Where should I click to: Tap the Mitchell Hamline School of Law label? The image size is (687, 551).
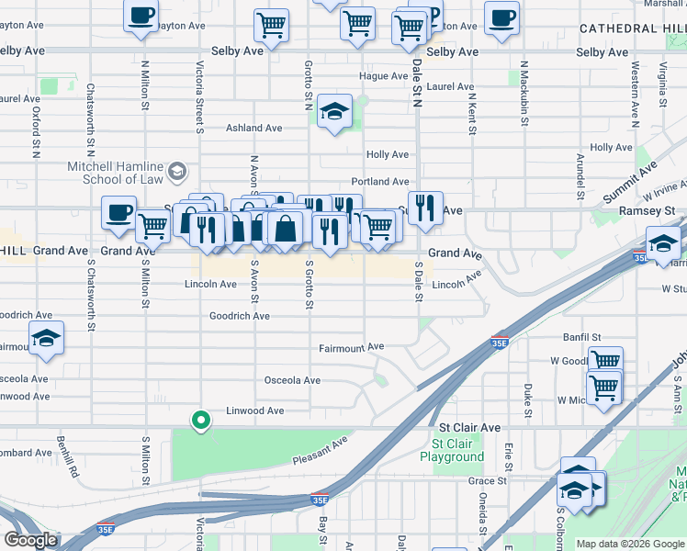pyautogui.click(x=115, y=173)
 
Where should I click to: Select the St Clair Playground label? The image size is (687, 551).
pyautogui.click(x=452, y=450)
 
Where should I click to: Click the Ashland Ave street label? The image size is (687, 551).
pyautogui.click(x=254, y=129)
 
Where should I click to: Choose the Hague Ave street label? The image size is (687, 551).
pyautogui.click(x=383, y=76)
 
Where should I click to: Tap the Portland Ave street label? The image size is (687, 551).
pyautogui.click(x=387, y=182)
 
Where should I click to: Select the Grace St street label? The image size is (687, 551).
pyautogui.click(x=487, y=480)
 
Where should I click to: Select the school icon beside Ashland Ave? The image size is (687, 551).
pyautogui.click(x=334, y=113)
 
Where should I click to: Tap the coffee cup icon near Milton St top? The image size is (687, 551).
pyautogui.click(x=141, y=16)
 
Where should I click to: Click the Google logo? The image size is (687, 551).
pyautogui.click(x=31, y=540)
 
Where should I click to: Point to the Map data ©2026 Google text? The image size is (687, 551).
pyautogui.click(x=630, y=544)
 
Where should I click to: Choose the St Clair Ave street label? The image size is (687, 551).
pyautogui.click(x=469, y=428)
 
